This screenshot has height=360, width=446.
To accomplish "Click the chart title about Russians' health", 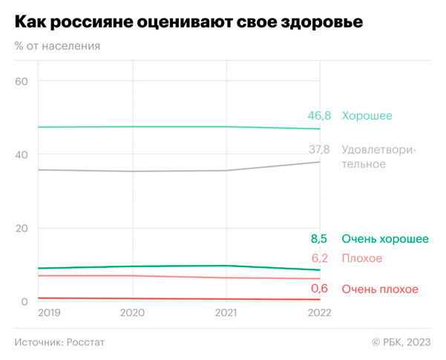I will click(x=188, y=22).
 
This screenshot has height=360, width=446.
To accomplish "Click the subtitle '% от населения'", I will click(x=57, y=46).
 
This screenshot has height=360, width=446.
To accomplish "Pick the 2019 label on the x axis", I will click(x=50, y=315).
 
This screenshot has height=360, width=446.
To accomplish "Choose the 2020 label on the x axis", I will click(x=133, y=315).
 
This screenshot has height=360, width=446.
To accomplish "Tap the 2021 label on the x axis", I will click(x=226, y=315).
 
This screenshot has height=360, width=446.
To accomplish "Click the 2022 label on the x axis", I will click(x=320, y=315).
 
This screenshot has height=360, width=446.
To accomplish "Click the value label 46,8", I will click(x=319, y=116).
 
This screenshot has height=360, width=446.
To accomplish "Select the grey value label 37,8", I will click(x=319, y=150).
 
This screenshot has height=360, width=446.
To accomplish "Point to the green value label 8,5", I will click(x=321, y=239).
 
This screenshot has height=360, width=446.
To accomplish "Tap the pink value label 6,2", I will click(x=321, y=258).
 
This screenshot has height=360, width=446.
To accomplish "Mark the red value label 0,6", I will click(x=321, y=289).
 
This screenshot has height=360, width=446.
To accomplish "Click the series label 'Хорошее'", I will click(x=367, y=116).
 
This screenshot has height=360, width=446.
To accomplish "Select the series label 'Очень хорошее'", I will click(x=384, y=239).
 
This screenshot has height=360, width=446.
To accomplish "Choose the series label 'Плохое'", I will click(x=362, y=258).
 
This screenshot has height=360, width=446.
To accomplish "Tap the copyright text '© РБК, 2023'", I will click(x=401, y=341).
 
